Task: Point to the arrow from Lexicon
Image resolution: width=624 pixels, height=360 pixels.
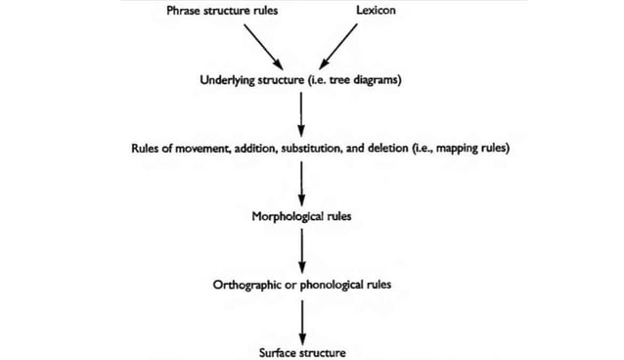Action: coord(336,45)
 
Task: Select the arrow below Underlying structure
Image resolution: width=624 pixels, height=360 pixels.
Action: coord(301,114)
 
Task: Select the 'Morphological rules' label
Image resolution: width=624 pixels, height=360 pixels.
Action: coord(301,216)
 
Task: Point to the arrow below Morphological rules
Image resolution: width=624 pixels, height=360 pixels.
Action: coord(301,250)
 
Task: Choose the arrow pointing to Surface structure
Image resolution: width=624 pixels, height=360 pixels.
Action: coord(301,319)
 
